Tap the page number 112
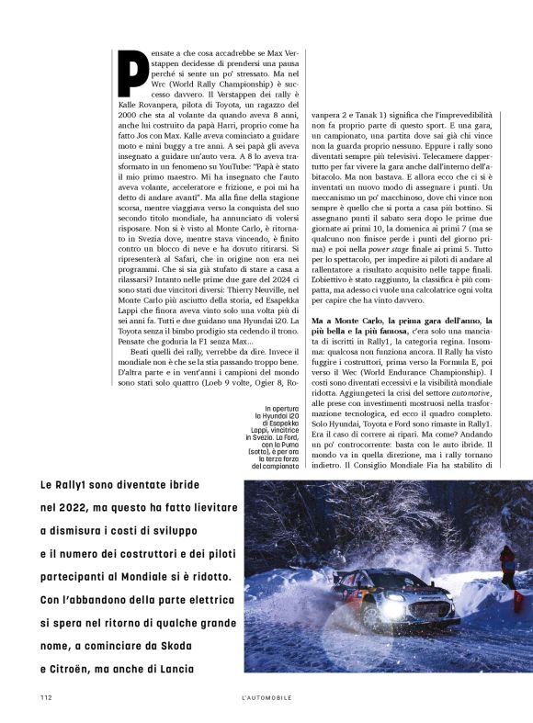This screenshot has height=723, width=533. tap(46, 697)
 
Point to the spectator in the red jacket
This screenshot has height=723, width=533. tap(507, 562)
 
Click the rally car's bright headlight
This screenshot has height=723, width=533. tap(397, 608)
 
